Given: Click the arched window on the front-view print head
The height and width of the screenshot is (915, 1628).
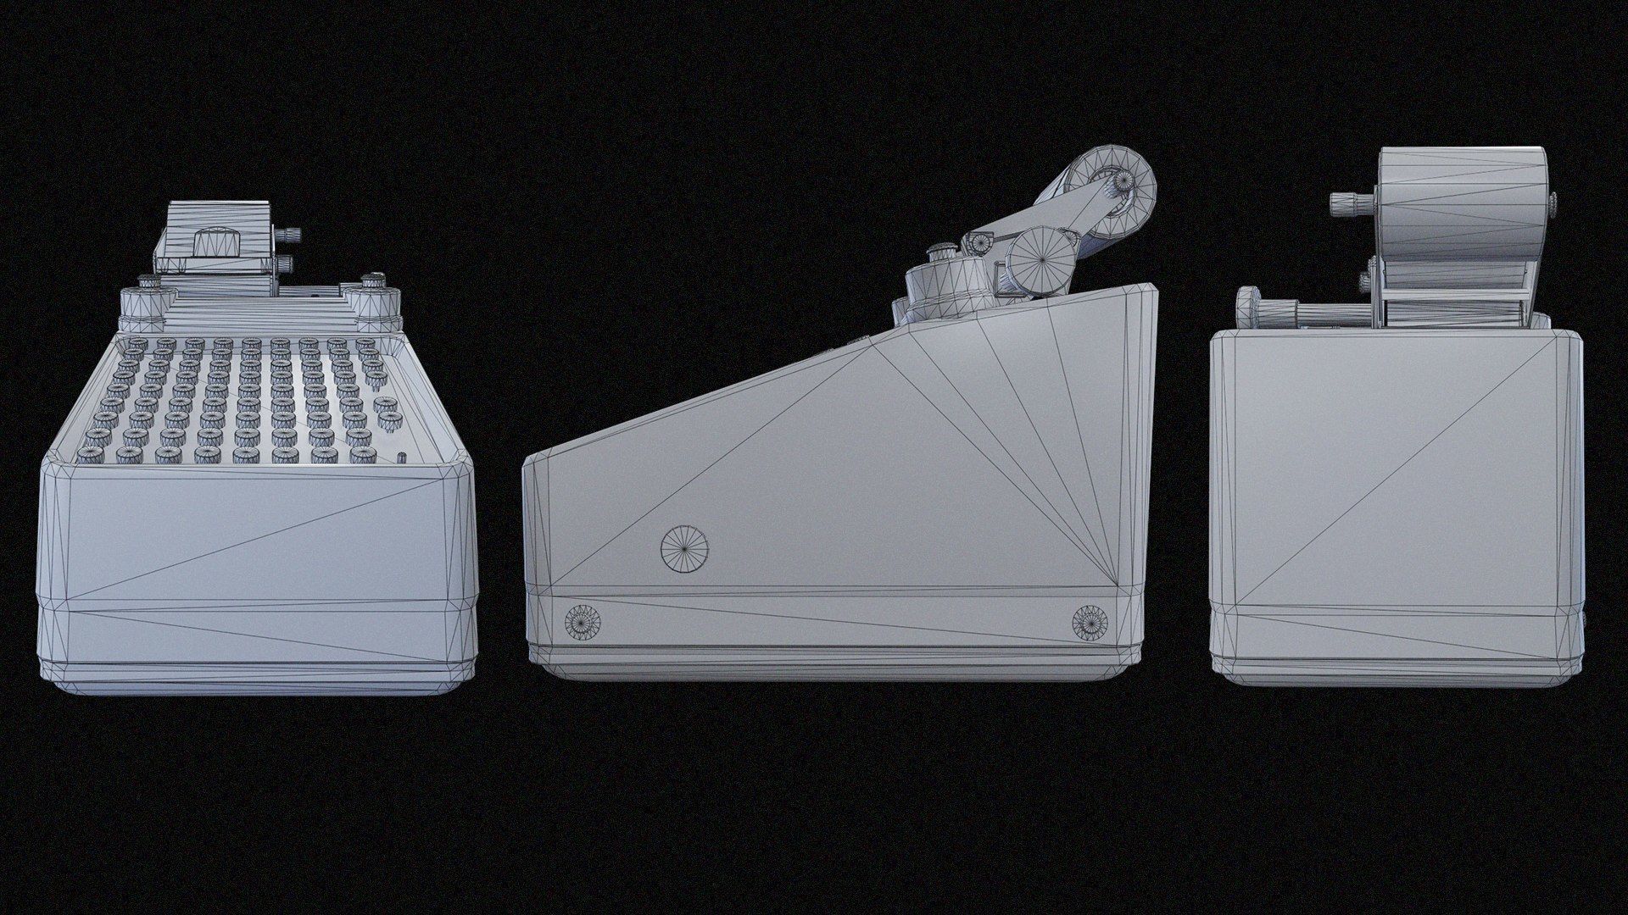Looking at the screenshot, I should click(x=215, y=241).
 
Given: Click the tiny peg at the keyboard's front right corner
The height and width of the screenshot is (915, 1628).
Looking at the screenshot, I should click(x=402, y=458).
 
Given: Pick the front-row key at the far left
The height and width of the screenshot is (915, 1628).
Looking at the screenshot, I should click(x=87, y=456).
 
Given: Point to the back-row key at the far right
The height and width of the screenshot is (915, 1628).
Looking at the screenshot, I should click(x=365, y=344).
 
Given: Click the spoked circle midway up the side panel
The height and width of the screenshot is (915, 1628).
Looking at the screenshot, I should click(x=684, y=549).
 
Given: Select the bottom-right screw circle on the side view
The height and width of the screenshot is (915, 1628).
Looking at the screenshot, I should click(x=1090, y=622).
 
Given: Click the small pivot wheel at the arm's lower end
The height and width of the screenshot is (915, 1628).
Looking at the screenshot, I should click(x=978, y=241).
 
